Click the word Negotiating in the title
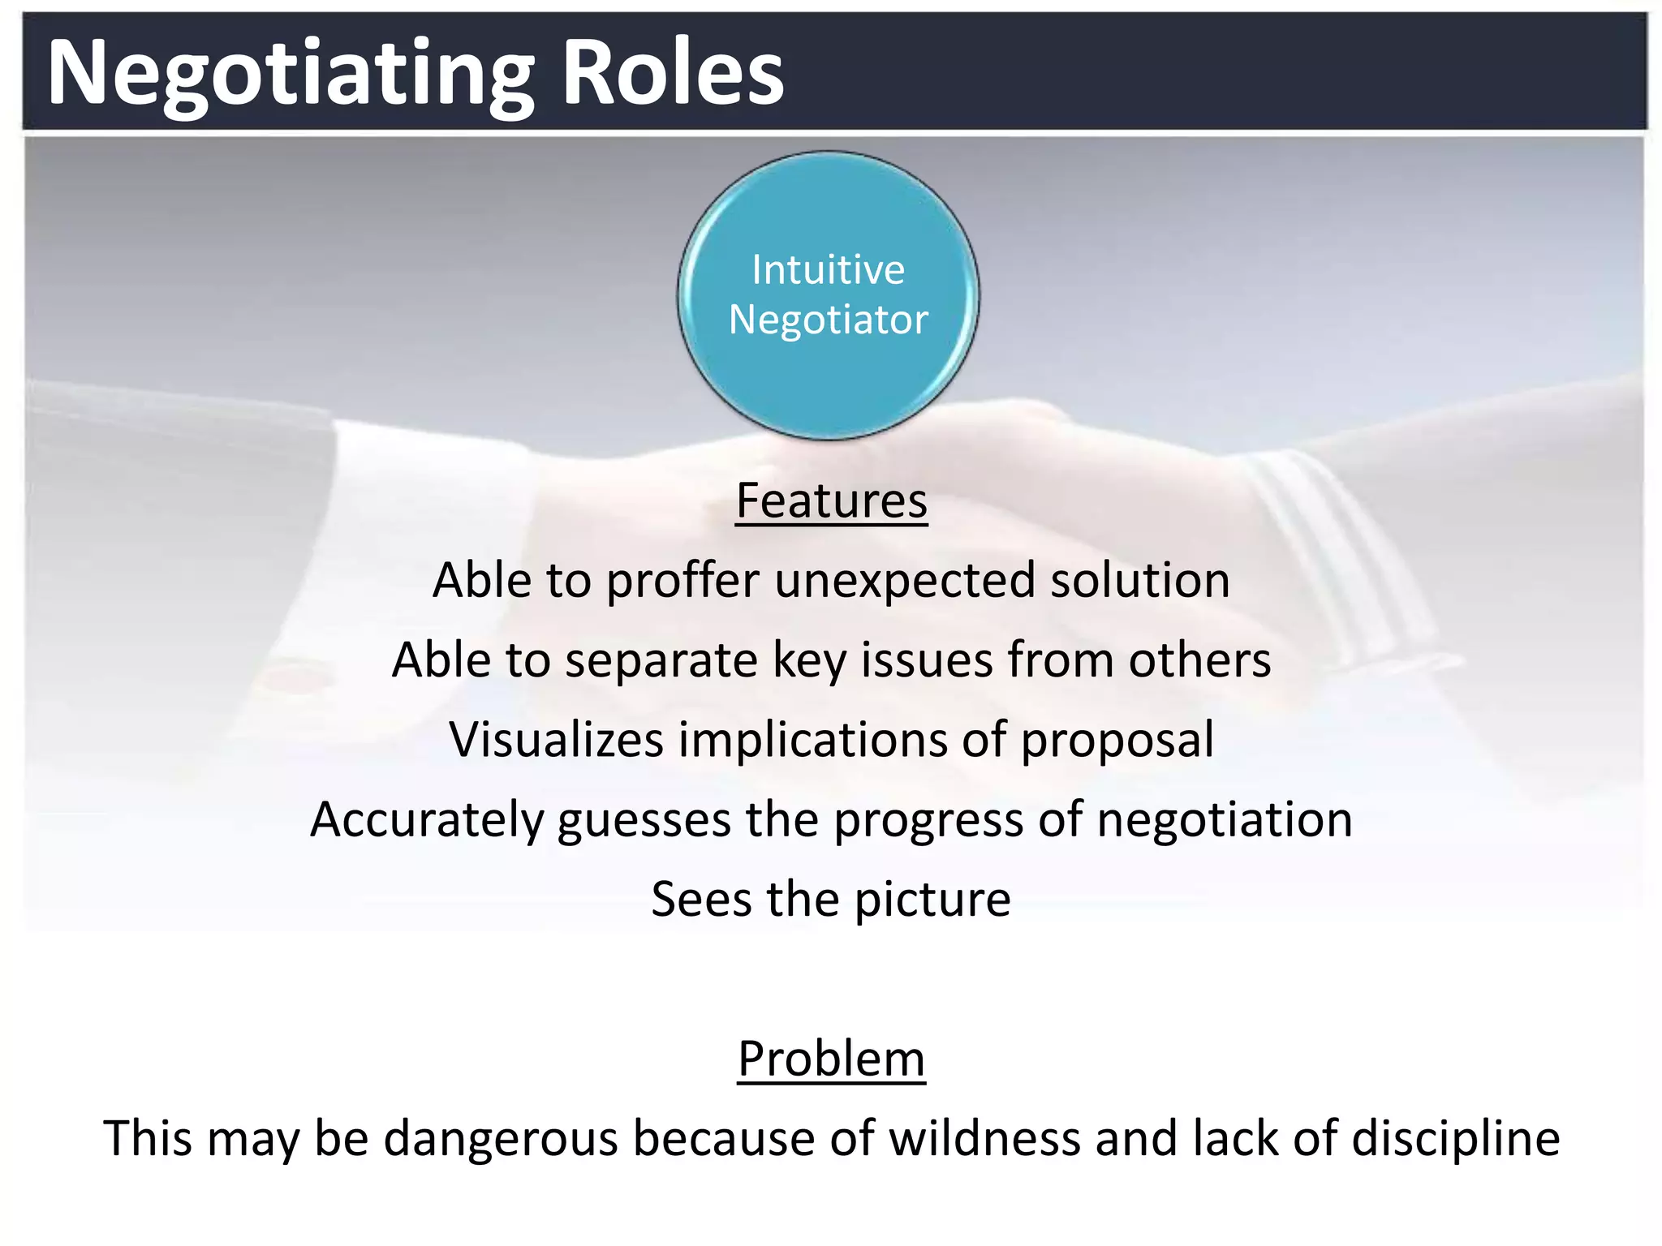[291, 75]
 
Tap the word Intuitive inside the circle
[828, 269]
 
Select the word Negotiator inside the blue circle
[828, 320]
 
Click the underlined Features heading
[831, 501]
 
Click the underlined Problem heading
[831, 1059]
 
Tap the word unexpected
[905, 582]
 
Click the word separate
[661, 660]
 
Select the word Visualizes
[556, 740]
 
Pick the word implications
[812, 740]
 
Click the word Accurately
[427, 819]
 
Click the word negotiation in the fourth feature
[1225, 819]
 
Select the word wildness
[984, 1138]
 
